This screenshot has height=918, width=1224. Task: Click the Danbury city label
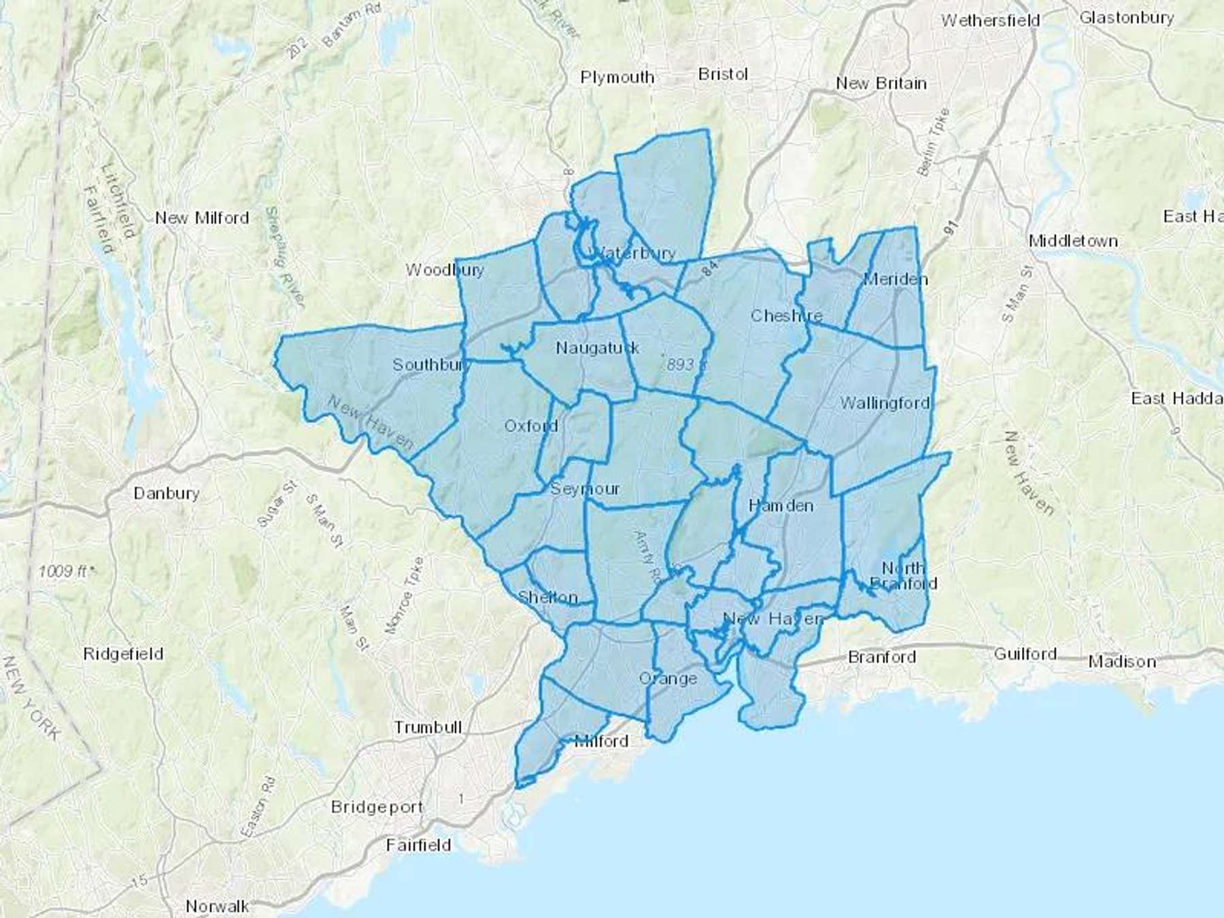[x=167, y=493]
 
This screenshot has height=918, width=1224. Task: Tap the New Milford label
[x=202, y=218]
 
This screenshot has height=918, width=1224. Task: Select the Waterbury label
[x=636, y=254]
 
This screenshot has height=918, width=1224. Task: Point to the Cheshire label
[x=786, y=316]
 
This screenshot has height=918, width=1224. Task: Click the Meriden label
[x=895, y=279]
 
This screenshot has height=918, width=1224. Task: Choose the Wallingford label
[x=885, y=403]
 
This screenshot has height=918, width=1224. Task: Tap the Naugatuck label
[x=597, y=348]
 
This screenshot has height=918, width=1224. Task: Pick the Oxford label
[x=531, y=426]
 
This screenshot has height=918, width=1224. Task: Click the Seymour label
[x=585, y=489]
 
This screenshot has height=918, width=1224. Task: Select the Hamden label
[x=781, y=505]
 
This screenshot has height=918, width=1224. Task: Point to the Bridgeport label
[x=377, y=807]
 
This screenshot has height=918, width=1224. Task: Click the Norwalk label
[x=218, y=906]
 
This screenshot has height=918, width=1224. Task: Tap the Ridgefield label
[x=123, y=654]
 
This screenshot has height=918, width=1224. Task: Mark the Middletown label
[x=1073, y=241]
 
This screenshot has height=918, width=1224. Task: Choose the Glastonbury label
[x=1126, y=18]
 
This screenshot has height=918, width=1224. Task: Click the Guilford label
[x=1025, y=654]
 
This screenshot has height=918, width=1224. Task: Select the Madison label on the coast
[x=1122, y=662]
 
